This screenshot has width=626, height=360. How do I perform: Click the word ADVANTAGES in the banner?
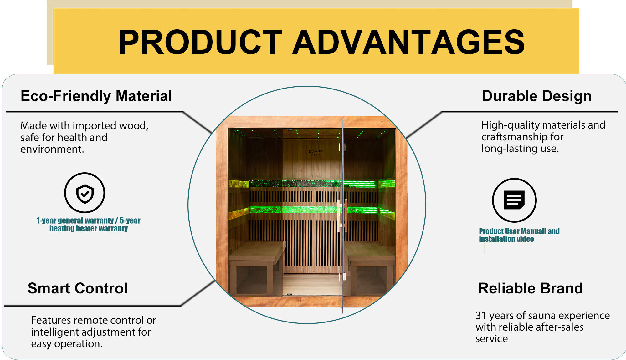tap(408, 42)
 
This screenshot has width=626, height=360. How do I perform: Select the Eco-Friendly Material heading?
tap(96, 96)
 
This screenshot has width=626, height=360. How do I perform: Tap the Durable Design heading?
tap(536, 96)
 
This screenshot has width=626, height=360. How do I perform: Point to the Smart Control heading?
tap(77, 288)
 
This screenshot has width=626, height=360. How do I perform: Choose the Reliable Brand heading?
tap(530, 288)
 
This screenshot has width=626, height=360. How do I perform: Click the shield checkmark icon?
tap(85, 193)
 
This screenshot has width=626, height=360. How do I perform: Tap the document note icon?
tap(514, 200)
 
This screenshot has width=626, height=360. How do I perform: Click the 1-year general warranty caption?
tap(88, 224)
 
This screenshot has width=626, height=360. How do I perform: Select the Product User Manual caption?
tap(519, 235)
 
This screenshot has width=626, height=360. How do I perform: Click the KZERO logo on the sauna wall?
tap(316, 152)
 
